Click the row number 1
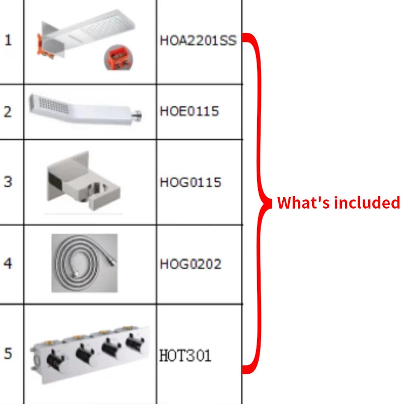point(8,40)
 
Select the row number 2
point(8,112)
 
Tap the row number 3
point(8,182)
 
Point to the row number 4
point(8,264)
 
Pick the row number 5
point(8,354)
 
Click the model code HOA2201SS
point(198,40)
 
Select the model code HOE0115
point(189,111)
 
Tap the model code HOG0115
point(190,182)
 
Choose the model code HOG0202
point(190,264)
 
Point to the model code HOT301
point(185,356)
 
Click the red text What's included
point(338,203)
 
